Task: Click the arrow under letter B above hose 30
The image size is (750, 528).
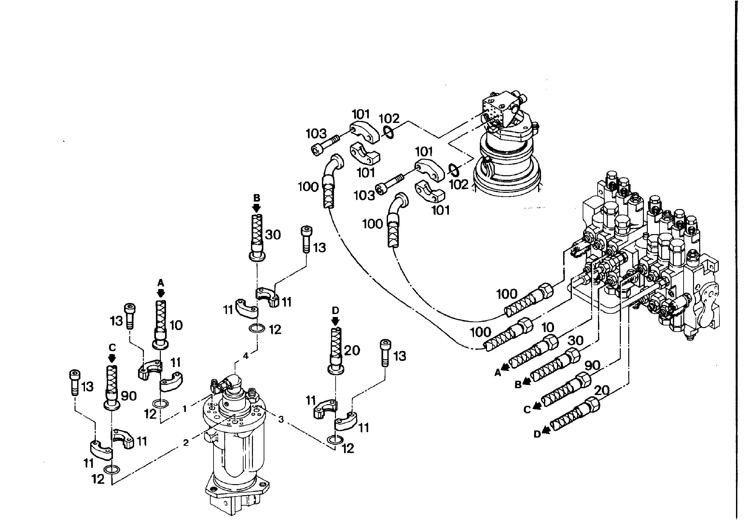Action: point(257,208)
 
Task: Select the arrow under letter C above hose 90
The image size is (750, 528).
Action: point(112,358)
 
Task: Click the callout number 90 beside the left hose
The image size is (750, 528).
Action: point(129,396)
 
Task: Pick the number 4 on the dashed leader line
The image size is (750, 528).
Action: point(246,356)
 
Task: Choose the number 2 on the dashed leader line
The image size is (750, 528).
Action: point(186,443)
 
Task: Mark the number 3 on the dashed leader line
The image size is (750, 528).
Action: point(281,419)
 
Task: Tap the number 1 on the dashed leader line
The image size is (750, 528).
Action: point(185,409)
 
